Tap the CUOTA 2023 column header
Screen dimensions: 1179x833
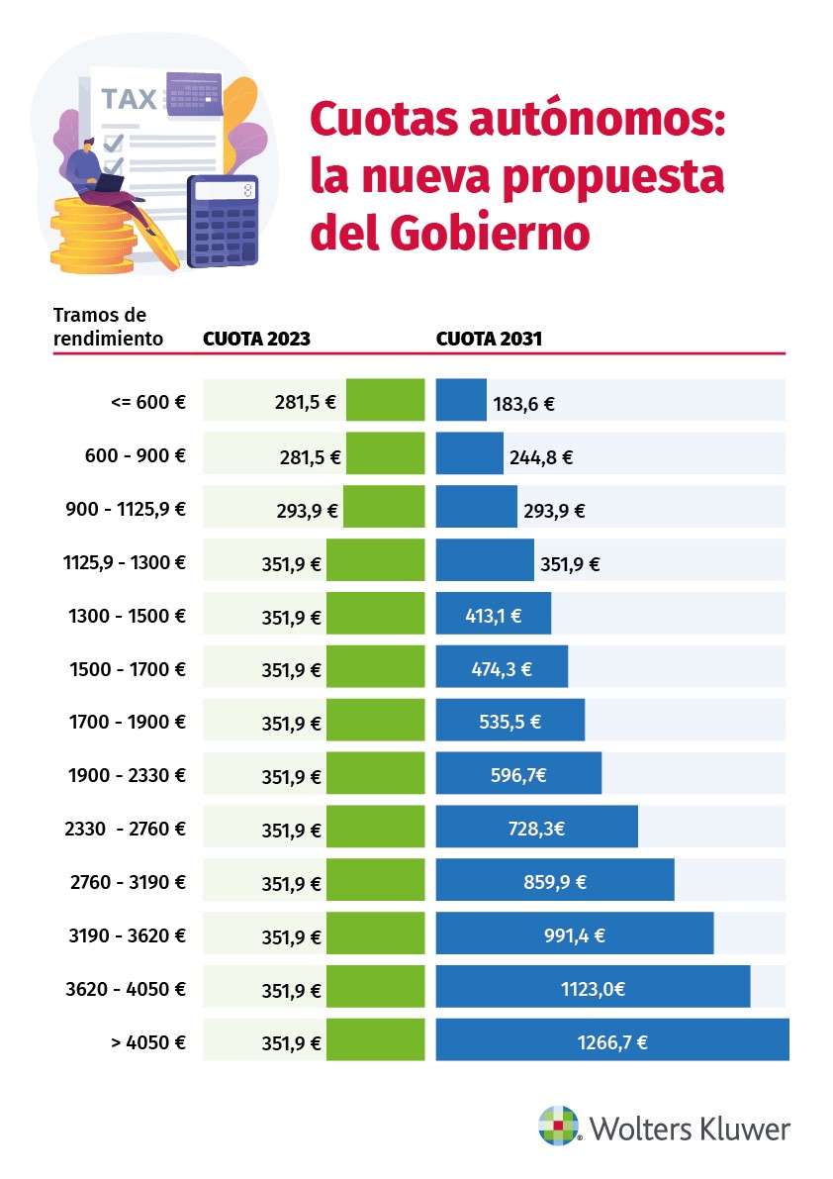[256, 339]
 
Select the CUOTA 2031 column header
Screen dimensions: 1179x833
[489, 339]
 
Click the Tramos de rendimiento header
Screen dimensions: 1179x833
[108, 327]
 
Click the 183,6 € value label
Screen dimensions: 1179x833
[522, 404]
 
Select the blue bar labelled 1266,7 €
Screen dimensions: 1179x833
[611, 1040]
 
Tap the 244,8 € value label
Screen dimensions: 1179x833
[539, 457]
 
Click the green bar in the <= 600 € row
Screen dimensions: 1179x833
[385, 400]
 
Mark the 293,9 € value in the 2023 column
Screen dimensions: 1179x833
[307, 511]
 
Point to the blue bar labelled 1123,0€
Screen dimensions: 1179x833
[592, 987]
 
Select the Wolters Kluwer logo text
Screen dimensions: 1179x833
[690, 1129]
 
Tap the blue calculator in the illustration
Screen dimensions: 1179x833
[223, 221]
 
